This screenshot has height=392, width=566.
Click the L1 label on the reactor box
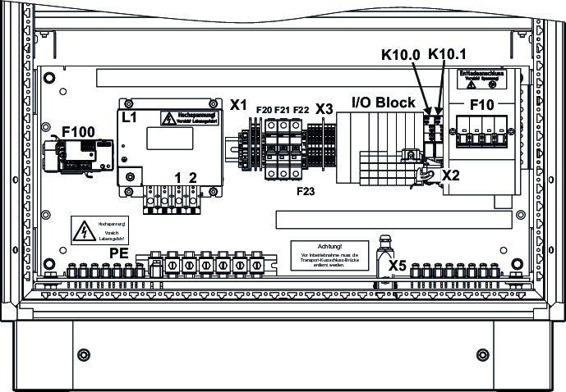click(129, 117)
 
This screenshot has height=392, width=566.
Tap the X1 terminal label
click(239, 105)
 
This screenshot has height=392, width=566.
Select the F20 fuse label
click(265, 109)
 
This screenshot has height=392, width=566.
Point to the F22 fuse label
click(301, 109)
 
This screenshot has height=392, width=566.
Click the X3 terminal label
click(324, 108)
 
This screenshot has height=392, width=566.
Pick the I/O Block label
click(383, 103)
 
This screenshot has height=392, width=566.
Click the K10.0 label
click(402, 55)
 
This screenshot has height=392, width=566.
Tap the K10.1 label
click(448, 55)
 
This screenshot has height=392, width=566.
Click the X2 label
click(451, 175)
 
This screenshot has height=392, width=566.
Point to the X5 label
click(398, 265)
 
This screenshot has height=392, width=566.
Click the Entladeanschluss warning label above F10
click(481, 79)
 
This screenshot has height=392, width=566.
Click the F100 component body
click(79, 155)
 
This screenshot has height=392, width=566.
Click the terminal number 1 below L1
click(177, 177)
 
